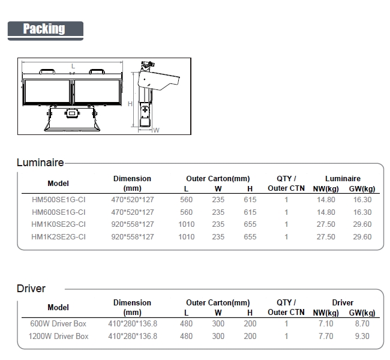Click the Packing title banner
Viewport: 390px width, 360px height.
(46, 31)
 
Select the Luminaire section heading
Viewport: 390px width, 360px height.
(40, 163)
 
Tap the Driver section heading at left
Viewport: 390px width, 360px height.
(31, 289)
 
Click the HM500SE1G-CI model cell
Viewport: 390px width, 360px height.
(58, 200)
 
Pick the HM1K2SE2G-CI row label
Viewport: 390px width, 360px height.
(58, 236)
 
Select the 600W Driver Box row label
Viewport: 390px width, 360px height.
(58, 323)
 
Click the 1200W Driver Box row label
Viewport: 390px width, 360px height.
(58, 336)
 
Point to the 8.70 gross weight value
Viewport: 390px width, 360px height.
(362, 323)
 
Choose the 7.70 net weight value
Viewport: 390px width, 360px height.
(326, 336)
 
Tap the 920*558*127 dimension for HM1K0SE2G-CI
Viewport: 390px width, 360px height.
(133, 224)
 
